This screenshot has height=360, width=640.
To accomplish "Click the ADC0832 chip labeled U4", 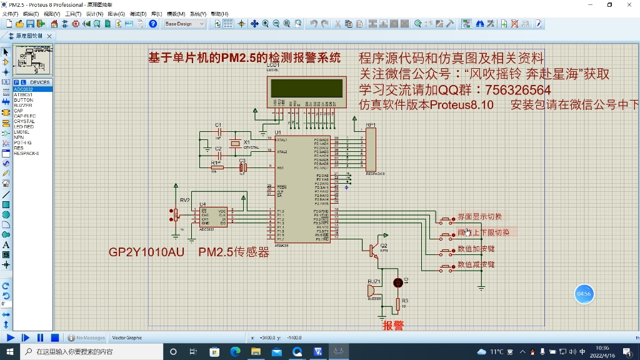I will point(214,217).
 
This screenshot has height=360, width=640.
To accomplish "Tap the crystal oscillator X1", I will point(235,144).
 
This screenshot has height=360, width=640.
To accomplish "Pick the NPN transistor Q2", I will point(374,251).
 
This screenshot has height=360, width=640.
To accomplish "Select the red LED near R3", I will point(397,282).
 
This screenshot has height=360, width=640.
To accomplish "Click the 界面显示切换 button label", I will point(479,217).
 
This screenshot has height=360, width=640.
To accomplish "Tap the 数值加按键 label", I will point(476,249).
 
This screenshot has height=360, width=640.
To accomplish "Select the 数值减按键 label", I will point(476,265).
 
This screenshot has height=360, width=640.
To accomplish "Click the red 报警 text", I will point(393,326).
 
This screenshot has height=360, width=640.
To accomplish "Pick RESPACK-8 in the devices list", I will point(26,153).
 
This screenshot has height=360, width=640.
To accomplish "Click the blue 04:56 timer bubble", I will point(584,294).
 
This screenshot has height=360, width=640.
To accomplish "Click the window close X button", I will point(627,5).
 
